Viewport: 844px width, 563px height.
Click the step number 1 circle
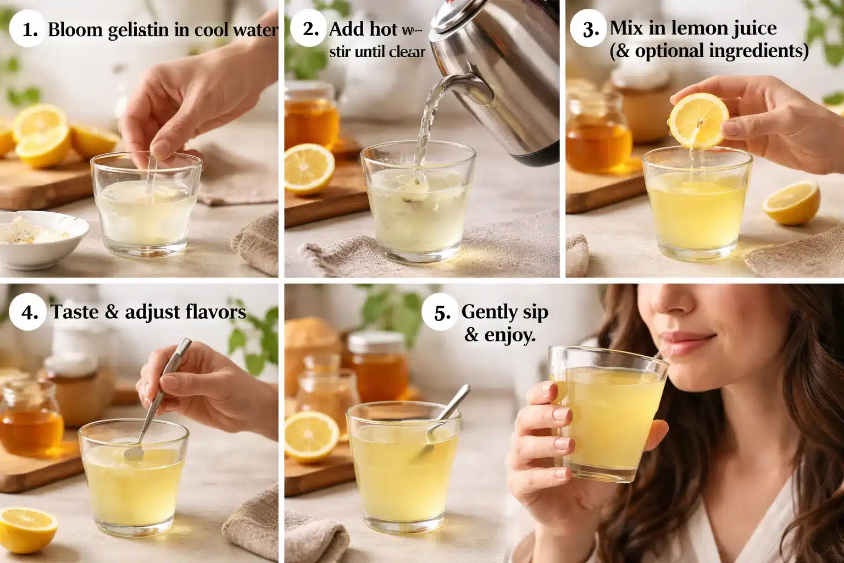29,29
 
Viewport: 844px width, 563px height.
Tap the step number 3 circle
590,29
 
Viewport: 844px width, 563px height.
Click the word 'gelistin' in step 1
138,30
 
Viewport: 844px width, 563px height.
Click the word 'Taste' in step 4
75,312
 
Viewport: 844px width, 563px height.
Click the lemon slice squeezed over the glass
699,120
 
